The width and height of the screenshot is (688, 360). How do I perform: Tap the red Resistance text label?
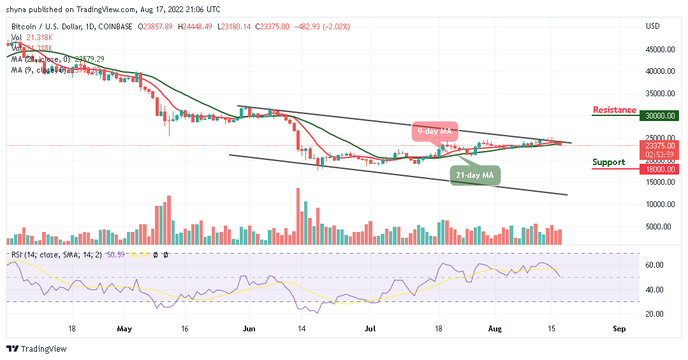614,110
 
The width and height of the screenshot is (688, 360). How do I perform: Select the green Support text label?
608,162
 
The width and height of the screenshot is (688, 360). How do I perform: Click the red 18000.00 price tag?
661,168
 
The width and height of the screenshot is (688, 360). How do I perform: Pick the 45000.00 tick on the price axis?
661,49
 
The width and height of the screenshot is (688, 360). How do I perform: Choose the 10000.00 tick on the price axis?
661,204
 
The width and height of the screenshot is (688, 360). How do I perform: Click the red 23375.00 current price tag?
661,145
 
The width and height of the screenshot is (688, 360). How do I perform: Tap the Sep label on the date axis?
619,329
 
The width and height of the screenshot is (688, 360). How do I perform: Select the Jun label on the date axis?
249,329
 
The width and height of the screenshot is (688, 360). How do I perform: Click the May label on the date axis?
124,329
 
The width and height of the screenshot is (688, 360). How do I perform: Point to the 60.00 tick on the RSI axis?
654,265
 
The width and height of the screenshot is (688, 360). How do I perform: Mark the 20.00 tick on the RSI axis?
654,314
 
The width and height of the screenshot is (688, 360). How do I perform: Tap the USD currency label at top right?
652,26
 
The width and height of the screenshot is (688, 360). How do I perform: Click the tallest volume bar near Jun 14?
298,216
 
